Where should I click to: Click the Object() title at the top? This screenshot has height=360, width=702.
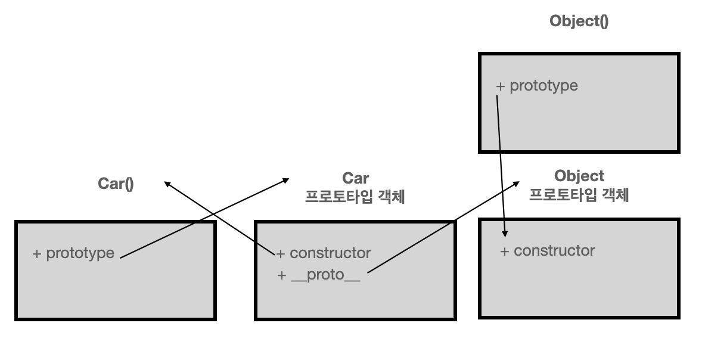pyautogui.click(x=579, y=22)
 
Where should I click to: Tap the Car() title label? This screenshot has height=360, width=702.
pyautogui.click(x=116, y=184)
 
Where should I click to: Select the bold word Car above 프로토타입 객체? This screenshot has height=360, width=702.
pyautogui.click(x=355, y=178)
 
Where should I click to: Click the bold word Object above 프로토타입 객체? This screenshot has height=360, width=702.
pyautogui.click(x=579, y=176)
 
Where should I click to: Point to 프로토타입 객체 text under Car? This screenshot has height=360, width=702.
pyautogui.click(x=355, y=197)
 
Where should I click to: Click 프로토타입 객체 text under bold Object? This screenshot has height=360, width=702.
pyautogui.click(x=579, y=195)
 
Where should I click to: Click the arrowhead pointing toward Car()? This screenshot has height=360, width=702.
pyautogui.click(x=167, y=184)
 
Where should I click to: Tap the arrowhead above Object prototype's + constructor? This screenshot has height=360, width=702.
pyautogui.click(x=506, y=232)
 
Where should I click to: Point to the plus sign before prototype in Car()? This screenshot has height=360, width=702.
pyautogui.click(x=37, y=253)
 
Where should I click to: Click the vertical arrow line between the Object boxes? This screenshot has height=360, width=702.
pyautogui.click(x=502, y=161)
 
